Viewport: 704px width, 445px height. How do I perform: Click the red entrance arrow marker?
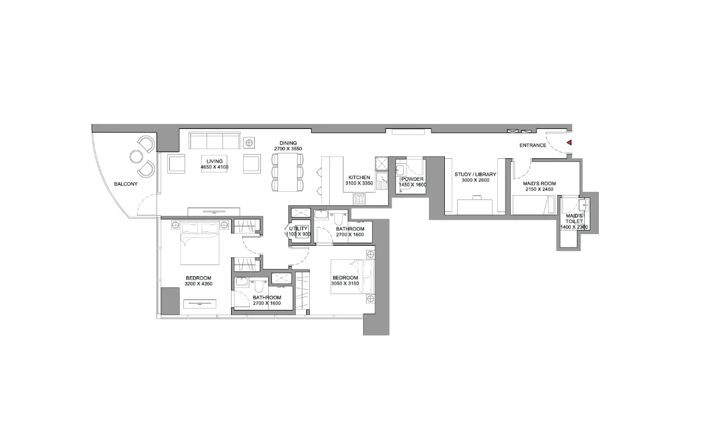tap(569, 143)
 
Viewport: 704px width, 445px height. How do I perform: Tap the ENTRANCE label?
tap(533, 145)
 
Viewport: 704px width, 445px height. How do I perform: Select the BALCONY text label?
tap(126, 184)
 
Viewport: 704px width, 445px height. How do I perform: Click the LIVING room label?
tap(215, 161)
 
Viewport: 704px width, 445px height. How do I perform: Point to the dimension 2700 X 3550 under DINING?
tap(288, 149)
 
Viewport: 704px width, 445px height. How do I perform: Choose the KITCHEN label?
tap(359, 178)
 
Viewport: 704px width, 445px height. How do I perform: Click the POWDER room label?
tap(413, 179)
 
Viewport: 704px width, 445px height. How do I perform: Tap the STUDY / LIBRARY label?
tap(475, 175)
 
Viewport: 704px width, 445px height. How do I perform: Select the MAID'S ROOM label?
tap(539, 183)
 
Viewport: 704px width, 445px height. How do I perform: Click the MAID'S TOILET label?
tap(574, 219)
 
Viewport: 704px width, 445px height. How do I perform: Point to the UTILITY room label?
tap(298, 229)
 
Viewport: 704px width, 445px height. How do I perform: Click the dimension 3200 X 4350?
tap(199, 284)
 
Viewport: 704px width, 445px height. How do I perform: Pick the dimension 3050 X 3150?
tap(345, 284)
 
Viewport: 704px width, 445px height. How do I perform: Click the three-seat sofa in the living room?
tap(215, 141)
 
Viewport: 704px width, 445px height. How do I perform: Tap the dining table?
tap(287, 172)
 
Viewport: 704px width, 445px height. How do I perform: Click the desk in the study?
tap(475, 207)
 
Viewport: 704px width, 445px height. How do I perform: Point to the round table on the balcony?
tap(136, 156)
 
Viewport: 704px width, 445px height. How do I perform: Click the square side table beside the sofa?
tap(249, 143)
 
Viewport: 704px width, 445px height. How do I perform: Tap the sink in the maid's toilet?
tap(583, 205)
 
